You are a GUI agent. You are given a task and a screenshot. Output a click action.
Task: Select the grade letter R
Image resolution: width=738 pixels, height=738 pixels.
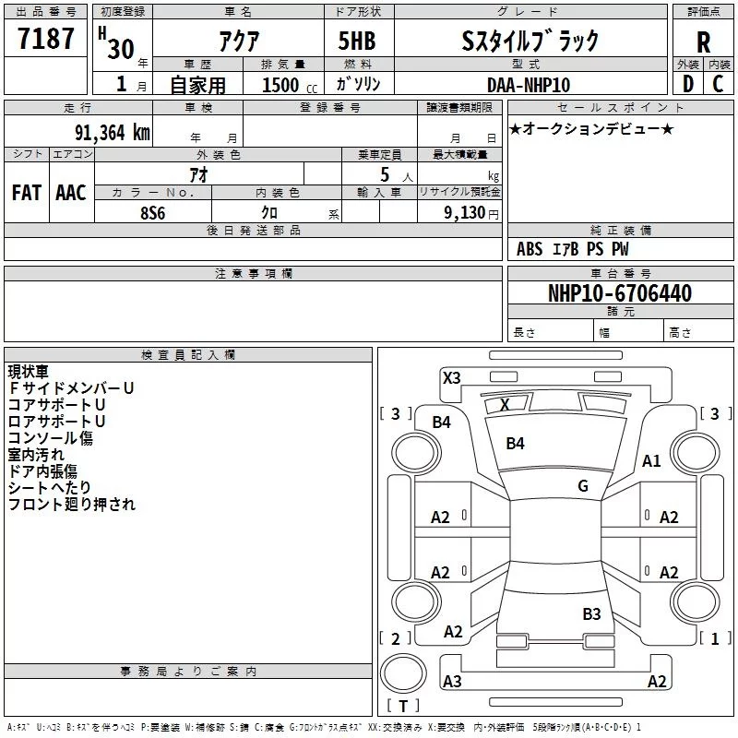pyautogui.click(x=703, y=42)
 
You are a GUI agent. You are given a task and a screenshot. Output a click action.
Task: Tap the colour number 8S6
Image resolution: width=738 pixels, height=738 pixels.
pyautogui.click(x=153, y=211)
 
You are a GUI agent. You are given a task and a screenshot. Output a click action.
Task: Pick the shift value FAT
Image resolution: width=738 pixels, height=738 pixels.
pyautogui.click(x=26, y=193)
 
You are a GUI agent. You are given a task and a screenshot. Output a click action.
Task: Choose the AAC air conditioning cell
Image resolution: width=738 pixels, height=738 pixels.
pyautogui.click(x=71, y=193)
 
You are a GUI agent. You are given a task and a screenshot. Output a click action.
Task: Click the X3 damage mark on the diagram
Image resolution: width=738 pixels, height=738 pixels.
pyautogui.click(x=451, y=377)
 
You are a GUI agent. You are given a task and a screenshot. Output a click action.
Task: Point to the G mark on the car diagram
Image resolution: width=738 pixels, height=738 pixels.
pyautogui.click(x=583, y=486)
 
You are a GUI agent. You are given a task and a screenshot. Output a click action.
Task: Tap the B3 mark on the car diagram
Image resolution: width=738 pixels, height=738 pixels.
pyautogui.click(x=591, y=614)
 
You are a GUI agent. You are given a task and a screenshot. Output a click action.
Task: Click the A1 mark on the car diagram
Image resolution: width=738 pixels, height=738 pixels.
pyautogui.click(x=652, y=461)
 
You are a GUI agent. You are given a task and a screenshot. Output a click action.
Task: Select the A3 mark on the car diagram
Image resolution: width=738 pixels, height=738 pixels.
pyautogui.click(x=452, y=682)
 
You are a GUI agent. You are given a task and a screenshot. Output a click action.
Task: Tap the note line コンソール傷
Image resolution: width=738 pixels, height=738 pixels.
pyautogui.click(x=51, y=438)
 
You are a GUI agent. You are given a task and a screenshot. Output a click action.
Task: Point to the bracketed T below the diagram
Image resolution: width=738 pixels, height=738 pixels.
pyautogui.click(x=402, y=706)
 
